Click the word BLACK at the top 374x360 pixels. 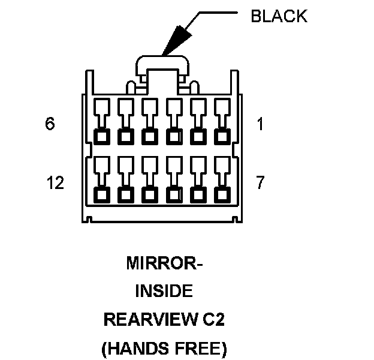pyautogui.click(x=279, y=17)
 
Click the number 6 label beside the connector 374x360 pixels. pyautogui.click(x=50, y=124)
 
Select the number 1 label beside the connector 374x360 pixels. pyautogui.click(x=260, y=124)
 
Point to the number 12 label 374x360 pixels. pyautogui.click(x=55, y=182)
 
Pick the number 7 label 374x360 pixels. pyautogui.click(x=260, y=182)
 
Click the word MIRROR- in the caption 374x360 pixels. pyautogui.click(x=164, y=263)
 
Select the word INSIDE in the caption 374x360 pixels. pyautogui.click(x=164, y=292)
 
